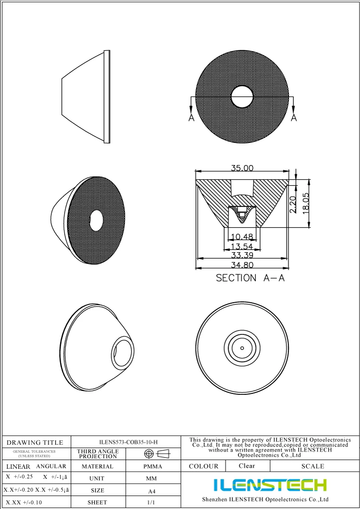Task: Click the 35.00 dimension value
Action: [242, 168]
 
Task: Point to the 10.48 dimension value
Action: [242, 237]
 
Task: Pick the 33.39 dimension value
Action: [242, 255]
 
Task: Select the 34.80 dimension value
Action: [242, 264]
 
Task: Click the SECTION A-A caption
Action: [250, 278]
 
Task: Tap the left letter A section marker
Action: [191, 118]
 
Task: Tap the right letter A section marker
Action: [294, 118]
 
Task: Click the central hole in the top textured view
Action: [242, 97]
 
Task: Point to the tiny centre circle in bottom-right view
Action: [242, 348]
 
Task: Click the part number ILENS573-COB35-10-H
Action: [128, 442]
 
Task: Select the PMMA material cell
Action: [153, 466]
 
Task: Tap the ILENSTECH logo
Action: [270, 485]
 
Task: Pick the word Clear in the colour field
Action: [247, 466]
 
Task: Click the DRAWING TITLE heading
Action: [35, 442]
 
